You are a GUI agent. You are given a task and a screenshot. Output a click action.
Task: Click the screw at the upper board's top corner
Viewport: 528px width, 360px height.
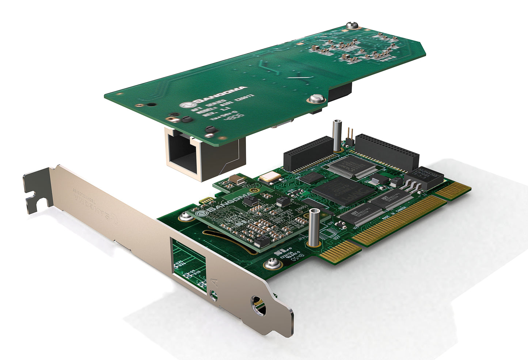pyautogui.click(x=352, y=25)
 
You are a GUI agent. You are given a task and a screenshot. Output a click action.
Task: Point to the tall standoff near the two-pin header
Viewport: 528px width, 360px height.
pyautogui.click(x=336, y=136)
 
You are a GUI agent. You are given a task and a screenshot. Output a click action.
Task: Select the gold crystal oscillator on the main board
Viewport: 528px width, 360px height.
pyautogui.click(x=270, y=178)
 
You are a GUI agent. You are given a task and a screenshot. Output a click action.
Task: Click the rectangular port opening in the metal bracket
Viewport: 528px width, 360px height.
pyautogui.click(x=188, y=261)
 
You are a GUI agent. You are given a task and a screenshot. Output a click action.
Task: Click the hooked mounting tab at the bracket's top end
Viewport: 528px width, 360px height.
pyautogui.click(x=37, y=190)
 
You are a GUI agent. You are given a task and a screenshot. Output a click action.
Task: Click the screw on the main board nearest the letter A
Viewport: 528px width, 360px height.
pyautogui.click(x=271, y=262)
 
